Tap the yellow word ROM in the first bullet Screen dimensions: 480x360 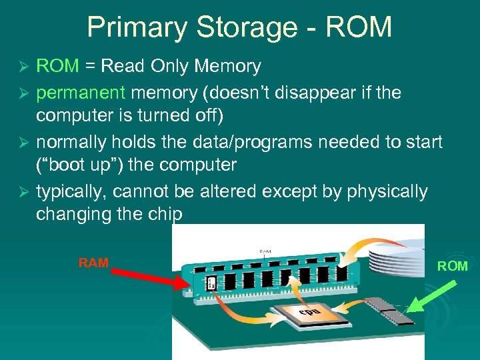(57, 66)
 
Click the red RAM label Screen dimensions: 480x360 (93, 263)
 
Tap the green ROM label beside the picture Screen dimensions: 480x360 (453, 267)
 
